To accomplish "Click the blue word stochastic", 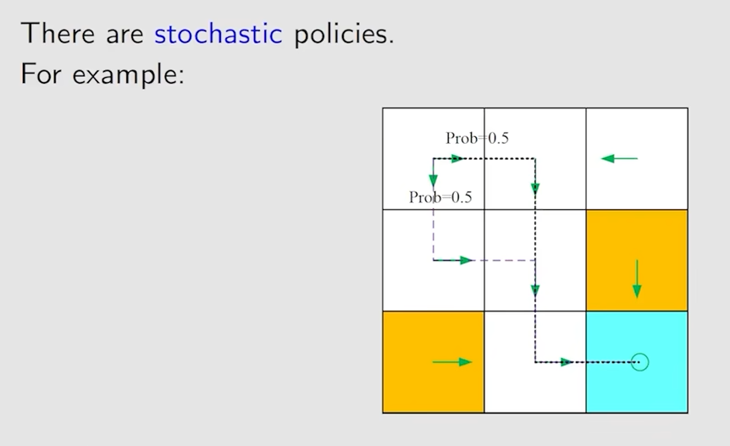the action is (218, 34).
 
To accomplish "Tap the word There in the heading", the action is (58, 34).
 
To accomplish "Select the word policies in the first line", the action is (344, 34).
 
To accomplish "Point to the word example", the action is (128, 74).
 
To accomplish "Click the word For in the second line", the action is (41, 74).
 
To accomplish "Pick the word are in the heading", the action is (124, 36).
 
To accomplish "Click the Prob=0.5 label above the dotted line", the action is (477, 138).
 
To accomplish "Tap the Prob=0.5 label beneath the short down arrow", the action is (440, 197).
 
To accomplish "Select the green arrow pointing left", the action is (619, 158).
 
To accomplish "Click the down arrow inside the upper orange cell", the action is (637, 278).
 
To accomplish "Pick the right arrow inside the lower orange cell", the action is (452, 362).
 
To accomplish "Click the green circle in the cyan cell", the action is (640, 362).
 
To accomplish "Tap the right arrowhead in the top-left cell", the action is (456, 158).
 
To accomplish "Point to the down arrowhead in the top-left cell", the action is (434, 181).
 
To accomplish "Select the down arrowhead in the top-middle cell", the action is (535, 188).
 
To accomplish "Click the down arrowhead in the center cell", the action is (535, 290).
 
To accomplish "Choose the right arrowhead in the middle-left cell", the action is (466, 261).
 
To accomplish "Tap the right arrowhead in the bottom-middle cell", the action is (567, 362).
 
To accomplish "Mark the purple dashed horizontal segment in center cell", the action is (504, 261).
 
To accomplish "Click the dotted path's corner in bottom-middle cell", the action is (535, 362).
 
